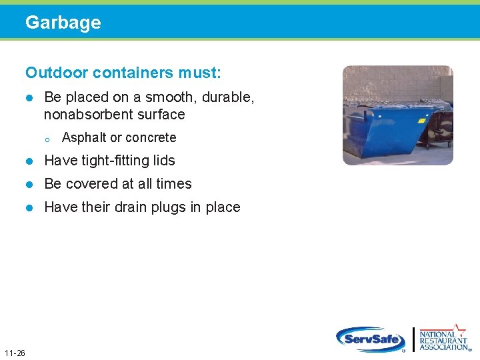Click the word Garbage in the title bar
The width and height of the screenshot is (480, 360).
pyautogui.click(x=63, y=23)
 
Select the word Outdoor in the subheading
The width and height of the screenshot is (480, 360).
pyautogui.click(x=52, y=71)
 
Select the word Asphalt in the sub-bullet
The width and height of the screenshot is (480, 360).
pyautogui.click(x=84, y=138)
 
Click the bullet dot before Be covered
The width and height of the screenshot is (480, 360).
pyautogui.click(x=29, y=185)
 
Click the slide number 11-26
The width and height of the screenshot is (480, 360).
pyautogui.click(x=14, y=353)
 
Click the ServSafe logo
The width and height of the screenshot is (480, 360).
pyautogui.click(x=371, y=339)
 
